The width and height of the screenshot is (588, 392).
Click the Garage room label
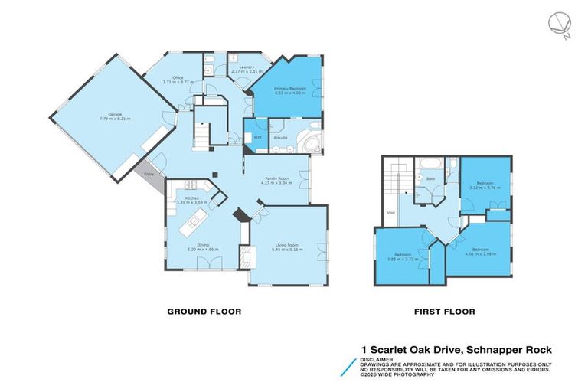pyautogui.click(x=110, y=114)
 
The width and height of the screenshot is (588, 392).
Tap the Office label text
pyautogui.click(x=177, y=77)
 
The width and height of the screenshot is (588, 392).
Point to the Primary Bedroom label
pyautogui.click(x=291, y=89)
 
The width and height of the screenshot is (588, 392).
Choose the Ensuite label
pyautogui.click(x=281, y=138)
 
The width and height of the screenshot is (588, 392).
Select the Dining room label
pyautogui.click(x=198, y=245)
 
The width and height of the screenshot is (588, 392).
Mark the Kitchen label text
pyautogui.click(x=191, y=198)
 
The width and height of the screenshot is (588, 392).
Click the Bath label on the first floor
pyautogui.click(x=431, y=179)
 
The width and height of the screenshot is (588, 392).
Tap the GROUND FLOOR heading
pyautogui.click(x=204, y=312)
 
